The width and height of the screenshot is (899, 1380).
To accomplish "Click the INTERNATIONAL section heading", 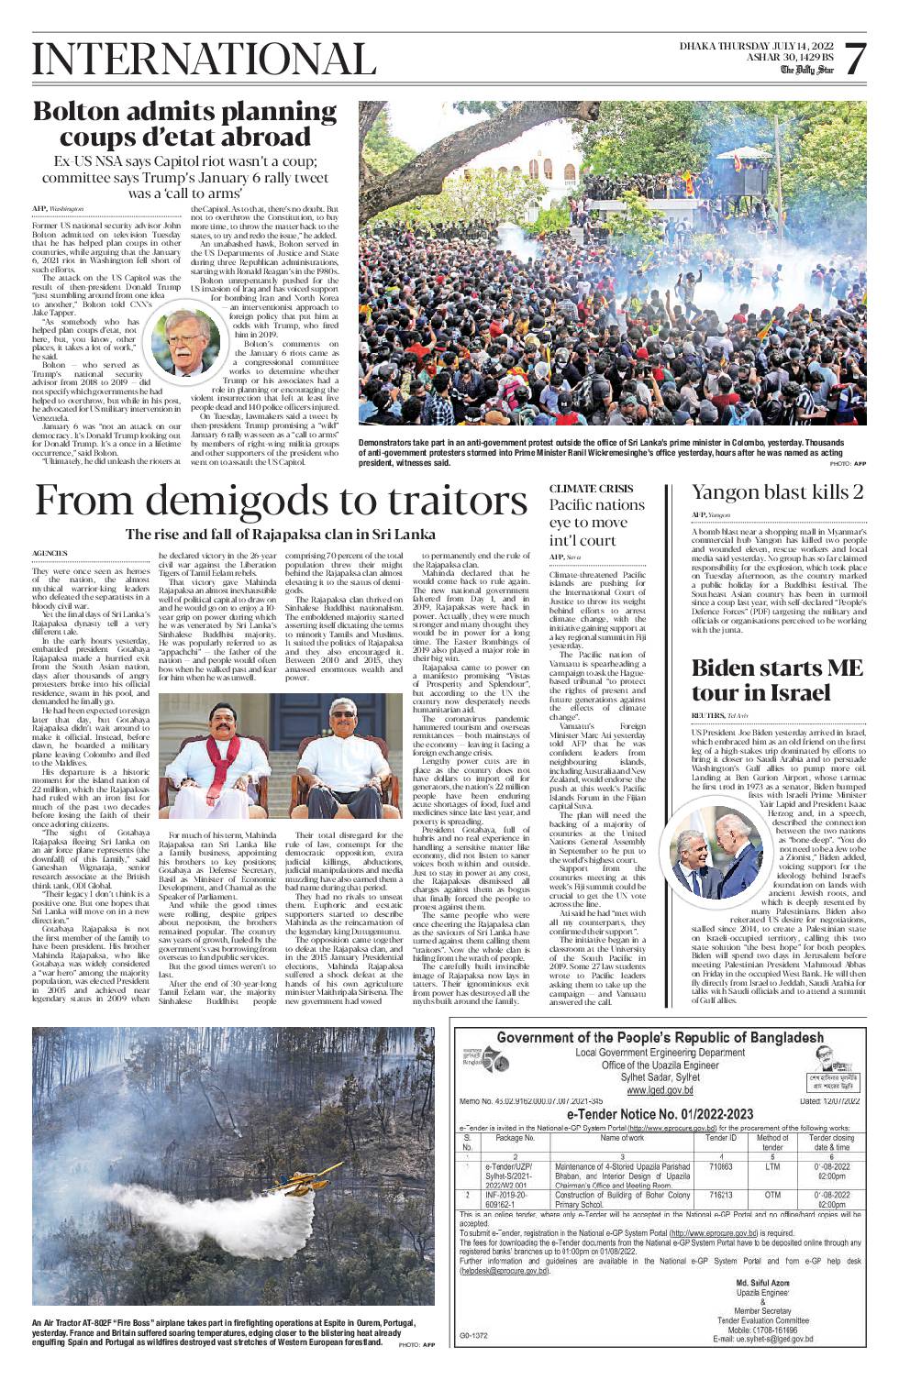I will tap(190, 60).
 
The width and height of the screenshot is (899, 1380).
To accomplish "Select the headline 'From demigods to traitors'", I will tap(281, 502).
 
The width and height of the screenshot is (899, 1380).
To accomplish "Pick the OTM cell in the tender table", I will tap(772, 1196).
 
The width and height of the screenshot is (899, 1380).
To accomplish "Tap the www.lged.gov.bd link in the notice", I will tap(660, 1090).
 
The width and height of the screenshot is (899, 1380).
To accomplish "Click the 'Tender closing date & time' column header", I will tap(831, 1143).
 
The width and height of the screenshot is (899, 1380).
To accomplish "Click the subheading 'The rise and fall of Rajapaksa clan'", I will tap(281, 535).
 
